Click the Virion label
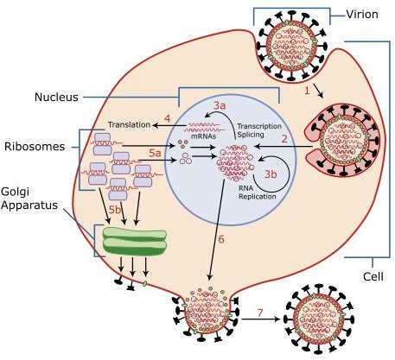(x=362, y=14)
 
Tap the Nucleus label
(x=56, y=97)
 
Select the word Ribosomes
(x=35, y=147)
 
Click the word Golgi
(x=16, y=192)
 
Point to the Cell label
(x=373, y=276)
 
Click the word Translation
(x=129, y=124)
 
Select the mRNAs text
(x=203, y=136)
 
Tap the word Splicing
(x=251, y=135)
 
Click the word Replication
(x=258, y=197)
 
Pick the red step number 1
(x=307, y=91)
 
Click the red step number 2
(x=284, y=139)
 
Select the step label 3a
(x=220, y=105)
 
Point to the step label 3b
(x=271, y=174)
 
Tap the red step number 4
(x=168, y=118)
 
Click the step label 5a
(x=155, y=154)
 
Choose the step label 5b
(x=115, y=210)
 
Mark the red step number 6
(x=221, y=239)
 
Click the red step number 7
(x=260, y=313)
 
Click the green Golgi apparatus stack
(x=135, y=241)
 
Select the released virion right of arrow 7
(x=319, y=319)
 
